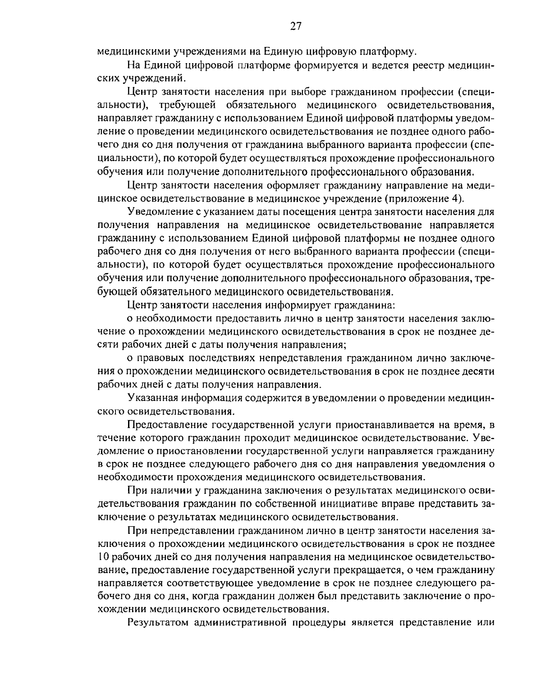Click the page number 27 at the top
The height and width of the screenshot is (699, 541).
(x=295, y=26)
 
